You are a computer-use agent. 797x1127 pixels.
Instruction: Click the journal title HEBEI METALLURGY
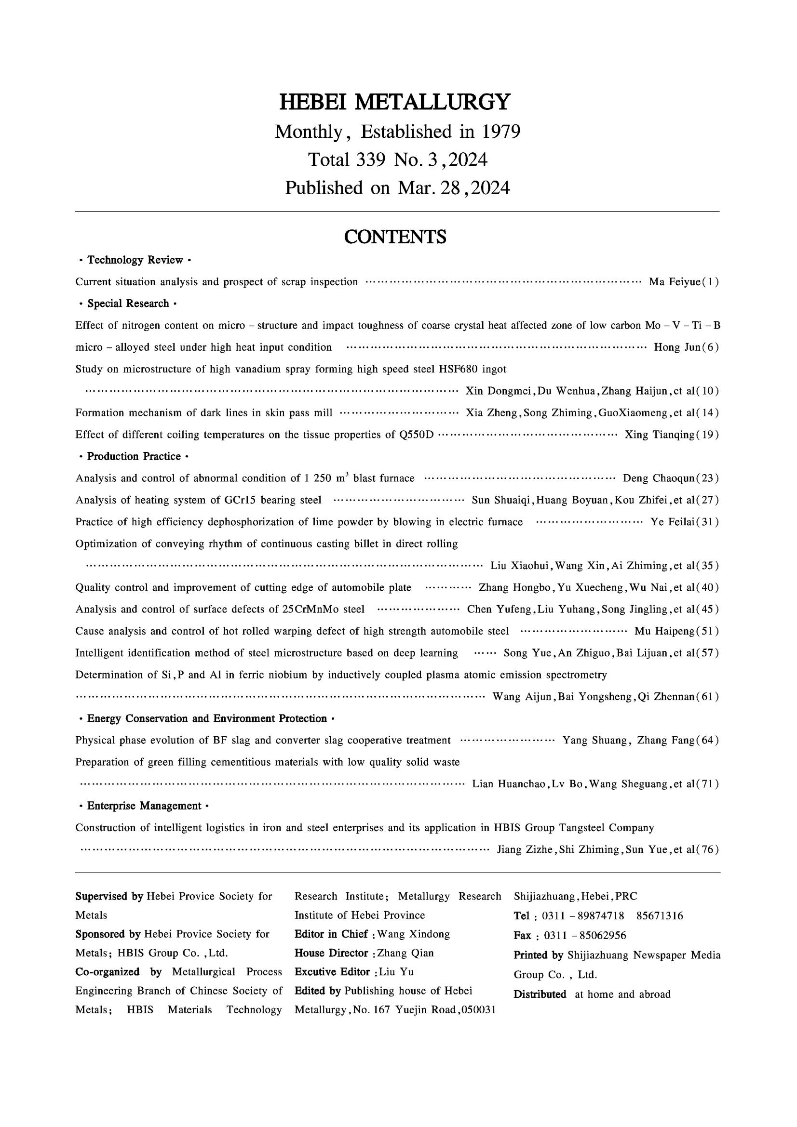coord(395,102)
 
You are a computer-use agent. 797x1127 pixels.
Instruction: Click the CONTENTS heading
coord(395,237)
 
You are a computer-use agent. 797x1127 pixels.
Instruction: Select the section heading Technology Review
coord(135,260)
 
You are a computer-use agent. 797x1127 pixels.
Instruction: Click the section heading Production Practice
coord(134,456)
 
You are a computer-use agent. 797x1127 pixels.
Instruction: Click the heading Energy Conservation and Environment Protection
coord(207,718)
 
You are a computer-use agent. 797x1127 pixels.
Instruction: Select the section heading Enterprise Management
coord(144,806)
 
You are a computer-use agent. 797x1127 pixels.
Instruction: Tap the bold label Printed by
coord(538,955)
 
